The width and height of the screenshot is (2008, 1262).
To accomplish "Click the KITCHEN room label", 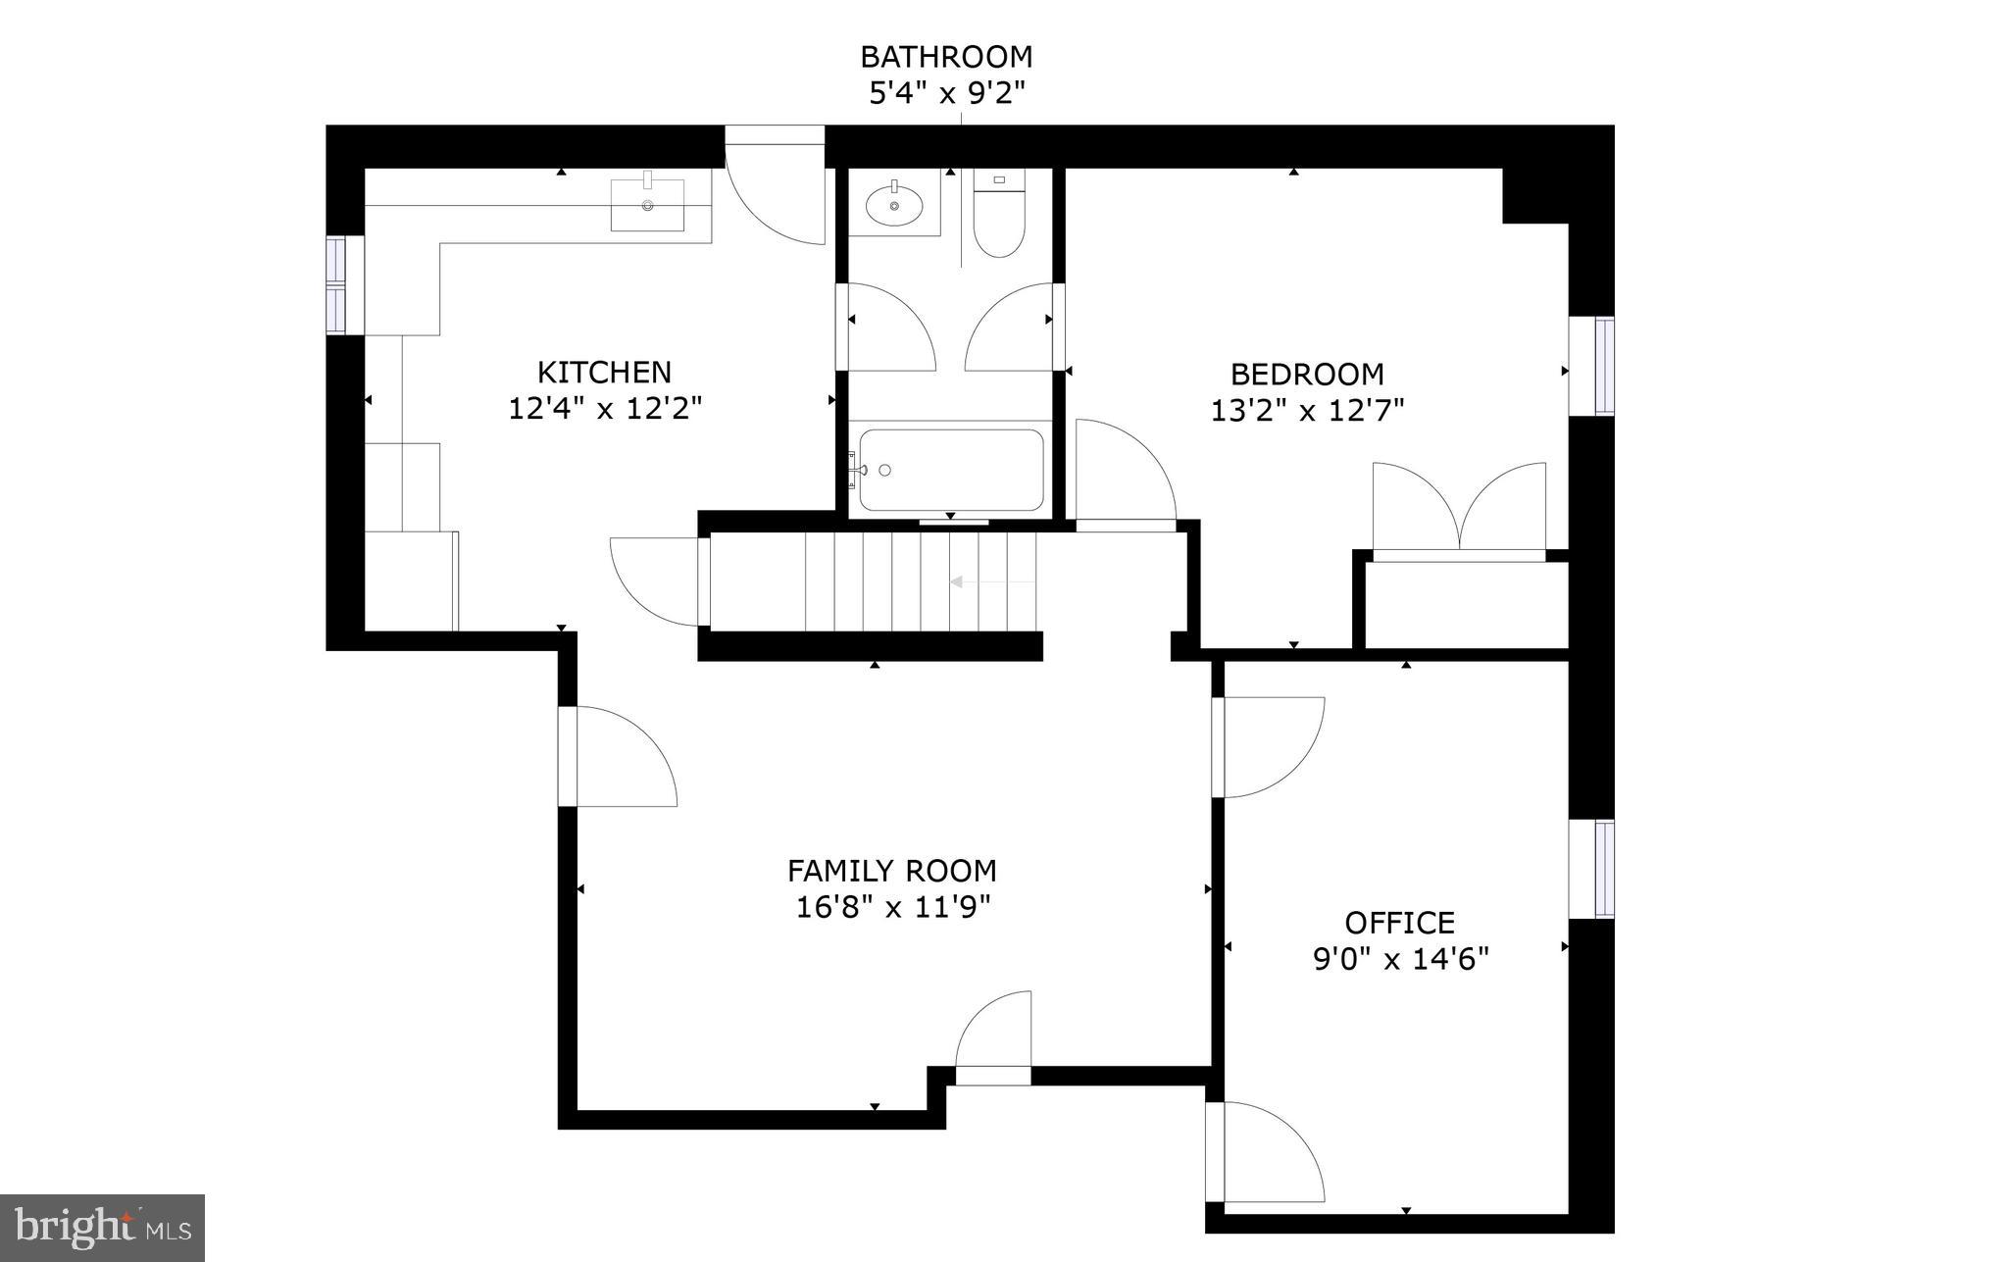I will [x=604, y=373].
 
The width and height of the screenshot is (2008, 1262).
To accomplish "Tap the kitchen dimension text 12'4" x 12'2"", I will [x=605, y=408].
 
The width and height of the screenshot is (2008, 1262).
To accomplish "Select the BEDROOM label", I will [x=1307, y=375].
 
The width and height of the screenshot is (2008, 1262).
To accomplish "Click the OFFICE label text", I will [x=1399, y=923].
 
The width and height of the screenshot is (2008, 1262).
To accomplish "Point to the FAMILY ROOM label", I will [x=891, y=871].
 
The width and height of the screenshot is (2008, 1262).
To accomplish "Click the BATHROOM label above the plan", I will [x=946, y=57].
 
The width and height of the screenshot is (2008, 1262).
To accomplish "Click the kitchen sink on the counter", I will [x=647, y=204].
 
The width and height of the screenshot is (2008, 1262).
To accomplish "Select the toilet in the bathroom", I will [x=998, y=217].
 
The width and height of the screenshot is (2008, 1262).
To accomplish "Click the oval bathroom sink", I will [x=894, y=205].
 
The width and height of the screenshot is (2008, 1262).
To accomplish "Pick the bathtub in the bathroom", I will [x=950, y=471].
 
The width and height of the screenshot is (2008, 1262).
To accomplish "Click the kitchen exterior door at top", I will [x=776, y=186].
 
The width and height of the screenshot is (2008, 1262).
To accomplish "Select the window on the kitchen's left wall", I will [x=337, y=285].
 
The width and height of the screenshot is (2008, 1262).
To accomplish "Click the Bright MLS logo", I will [x=102, y=1227].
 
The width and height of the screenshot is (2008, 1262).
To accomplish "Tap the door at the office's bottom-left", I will [x=1265, y=1152].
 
